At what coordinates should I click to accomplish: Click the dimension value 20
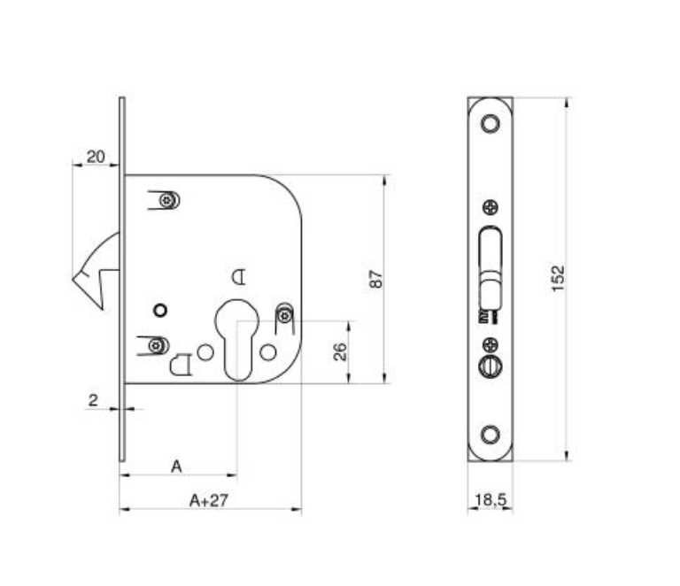(x=96, y=157)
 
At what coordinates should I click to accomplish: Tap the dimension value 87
(x=376, y=279)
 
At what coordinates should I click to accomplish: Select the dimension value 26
(x=340, y=351)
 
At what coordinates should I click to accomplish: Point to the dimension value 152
(x=558, y=279)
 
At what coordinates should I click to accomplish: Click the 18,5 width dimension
(x=491, y=500)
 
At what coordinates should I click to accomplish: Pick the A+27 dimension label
(x=209, y=501)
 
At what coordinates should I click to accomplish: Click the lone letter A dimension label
(x=176, y=466)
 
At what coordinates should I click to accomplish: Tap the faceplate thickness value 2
(x=93, y=400)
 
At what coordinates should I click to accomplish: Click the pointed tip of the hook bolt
(x=73, y=279)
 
